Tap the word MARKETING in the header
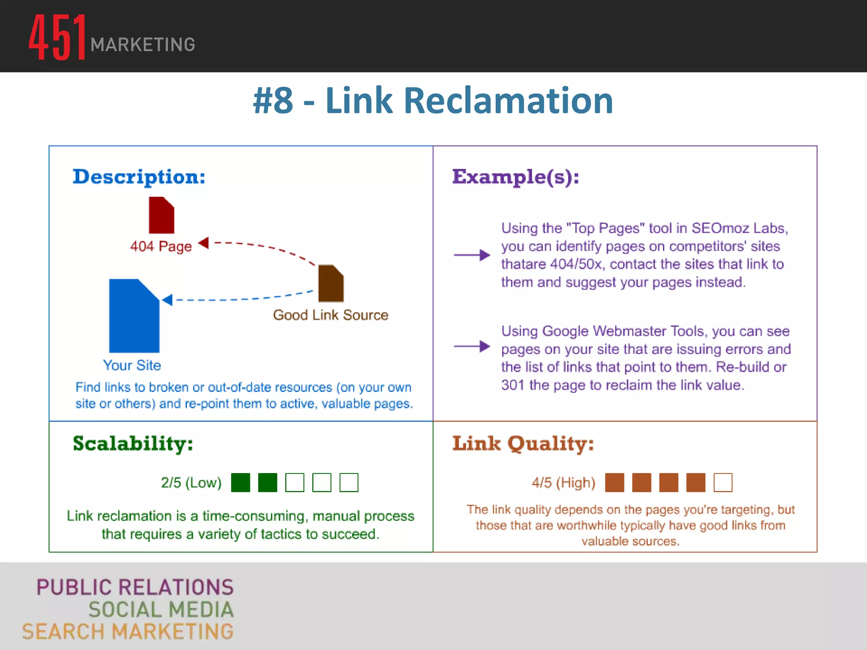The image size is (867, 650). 143,45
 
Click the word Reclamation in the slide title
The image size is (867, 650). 508,101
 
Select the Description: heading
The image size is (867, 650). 139,177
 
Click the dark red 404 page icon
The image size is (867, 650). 161,215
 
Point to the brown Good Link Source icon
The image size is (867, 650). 331,283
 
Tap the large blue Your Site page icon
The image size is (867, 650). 134,316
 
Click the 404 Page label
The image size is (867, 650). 161,246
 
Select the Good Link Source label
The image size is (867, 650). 330,315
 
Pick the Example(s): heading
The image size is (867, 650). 516,177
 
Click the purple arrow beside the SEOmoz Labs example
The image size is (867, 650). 472,255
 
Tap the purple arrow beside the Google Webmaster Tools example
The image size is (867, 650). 472,346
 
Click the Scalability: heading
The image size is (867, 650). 133,443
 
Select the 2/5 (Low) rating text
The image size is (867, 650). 191,482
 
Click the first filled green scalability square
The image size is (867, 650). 240,482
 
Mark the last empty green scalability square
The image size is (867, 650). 349,482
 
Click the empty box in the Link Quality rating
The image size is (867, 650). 723,482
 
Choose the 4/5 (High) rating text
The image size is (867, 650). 563,482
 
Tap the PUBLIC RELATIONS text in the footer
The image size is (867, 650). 135,587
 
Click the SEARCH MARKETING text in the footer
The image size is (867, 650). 128,631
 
